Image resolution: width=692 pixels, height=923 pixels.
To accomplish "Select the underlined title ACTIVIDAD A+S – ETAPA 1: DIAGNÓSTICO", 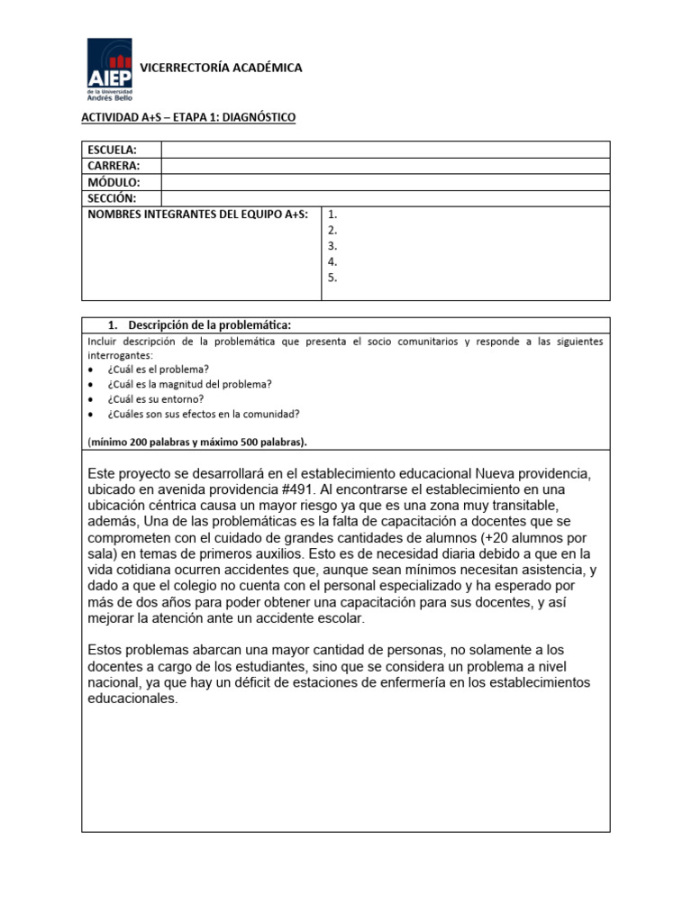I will [x=188, y=118].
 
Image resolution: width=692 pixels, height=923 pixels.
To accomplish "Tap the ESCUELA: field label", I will [x=112, y=150].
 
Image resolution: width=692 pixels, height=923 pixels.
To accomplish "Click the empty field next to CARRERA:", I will [x=385, y=166].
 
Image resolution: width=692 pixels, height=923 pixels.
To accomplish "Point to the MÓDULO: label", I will [x=114, y=182].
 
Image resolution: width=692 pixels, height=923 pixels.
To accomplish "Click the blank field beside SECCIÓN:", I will [x=385, y=198].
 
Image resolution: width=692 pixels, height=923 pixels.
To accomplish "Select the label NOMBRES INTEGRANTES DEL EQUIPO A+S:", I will [x=197, y=215].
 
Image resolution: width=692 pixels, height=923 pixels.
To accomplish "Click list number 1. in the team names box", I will [x=332, y=215].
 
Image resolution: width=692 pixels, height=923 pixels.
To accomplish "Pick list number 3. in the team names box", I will [x=332, y=246].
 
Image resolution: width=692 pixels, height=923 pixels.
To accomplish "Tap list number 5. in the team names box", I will [x=332, y=278].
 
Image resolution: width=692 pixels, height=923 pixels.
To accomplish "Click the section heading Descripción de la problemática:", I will [x=210, y=325].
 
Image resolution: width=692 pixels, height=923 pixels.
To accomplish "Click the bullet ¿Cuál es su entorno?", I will [x=155, y=398].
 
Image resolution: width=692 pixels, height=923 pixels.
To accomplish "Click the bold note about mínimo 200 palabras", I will [x=197, y=442].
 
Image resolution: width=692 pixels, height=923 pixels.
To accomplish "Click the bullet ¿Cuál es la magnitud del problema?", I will [x=189, y=384].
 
